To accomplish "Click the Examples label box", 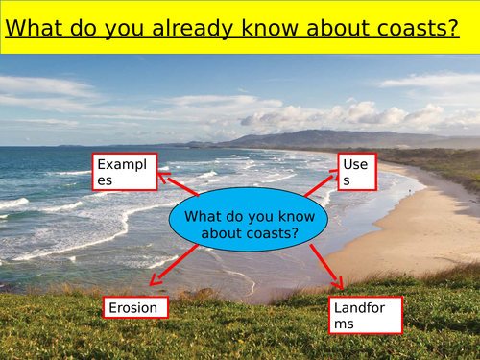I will [123, 171].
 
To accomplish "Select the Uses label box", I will [356, 171].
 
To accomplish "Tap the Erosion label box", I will [135, 307].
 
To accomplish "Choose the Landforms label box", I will [365, 315].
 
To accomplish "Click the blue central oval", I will [248, 224].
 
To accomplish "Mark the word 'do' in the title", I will [91, 27].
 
